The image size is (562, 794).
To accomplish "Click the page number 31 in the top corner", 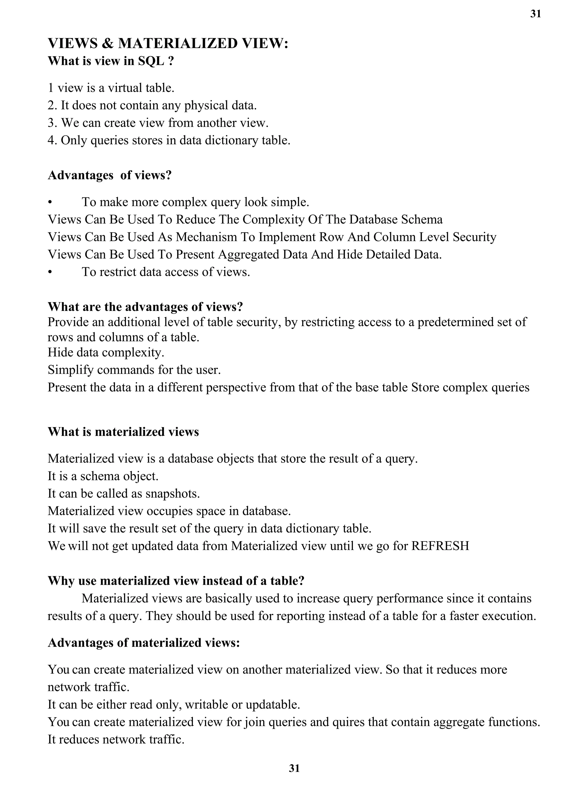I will click(x=535, y=14).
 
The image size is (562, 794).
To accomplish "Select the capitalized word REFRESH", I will click(x=440, y=546).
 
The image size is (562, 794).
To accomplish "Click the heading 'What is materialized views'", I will click(x=123, y=432).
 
